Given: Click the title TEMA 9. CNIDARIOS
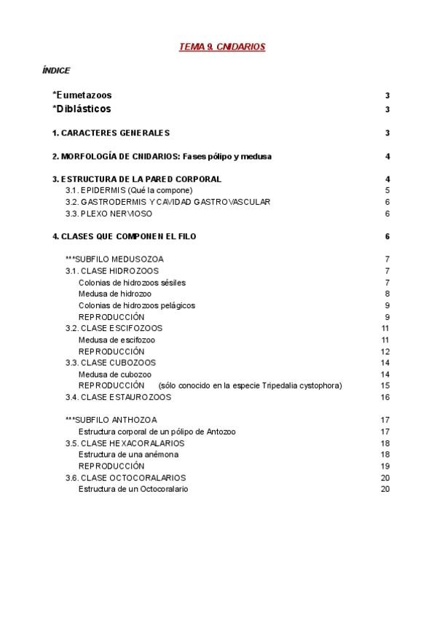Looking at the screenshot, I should tap(222, 47).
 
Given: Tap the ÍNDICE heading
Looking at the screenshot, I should tap(57, 71).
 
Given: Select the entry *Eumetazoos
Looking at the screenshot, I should tap(82, 95).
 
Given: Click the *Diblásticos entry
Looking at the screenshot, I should tap(82, 109).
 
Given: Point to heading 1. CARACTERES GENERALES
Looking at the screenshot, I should tap(111, 133).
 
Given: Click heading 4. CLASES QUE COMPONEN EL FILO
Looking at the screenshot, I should tap(124, 236).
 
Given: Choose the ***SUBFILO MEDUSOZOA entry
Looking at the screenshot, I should tap(114, 259).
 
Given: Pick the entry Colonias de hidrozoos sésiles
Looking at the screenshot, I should tap(132, 282).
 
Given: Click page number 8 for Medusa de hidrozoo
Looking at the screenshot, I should tap(387, 294).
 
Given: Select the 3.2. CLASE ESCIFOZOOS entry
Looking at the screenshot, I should tap(114, 328).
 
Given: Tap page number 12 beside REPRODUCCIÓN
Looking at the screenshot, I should tap(386, 351).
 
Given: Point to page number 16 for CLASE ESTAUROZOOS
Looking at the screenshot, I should tap(386, 397).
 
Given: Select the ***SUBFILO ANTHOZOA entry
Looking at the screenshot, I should tap(111, 420).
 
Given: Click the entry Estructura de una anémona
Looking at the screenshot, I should tap(129, 454).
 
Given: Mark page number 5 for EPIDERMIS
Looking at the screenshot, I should tap(387, 190).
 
